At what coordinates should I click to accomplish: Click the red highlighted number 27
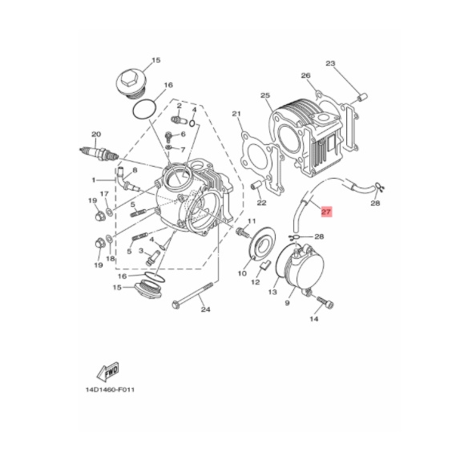[x=326, y=212]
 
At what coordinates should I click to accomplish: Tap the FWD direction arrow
[x=107, y=371]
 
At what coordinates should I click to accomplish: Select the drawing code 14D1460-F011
[x=110, y=390]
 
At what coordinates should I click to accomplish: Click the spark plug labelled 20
[x=99, y=152]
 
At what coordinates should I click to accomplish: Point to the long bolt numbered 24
[x=193, y=295]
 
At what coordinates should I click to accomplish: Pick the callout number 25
[x=265, y=95]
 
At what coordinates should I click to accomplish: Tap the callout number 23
[x=330, y=63]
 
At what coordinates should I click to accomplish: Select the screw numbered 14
[x=325, y=303]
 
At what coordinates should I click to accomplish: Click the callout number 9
[x=287, y=303]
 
